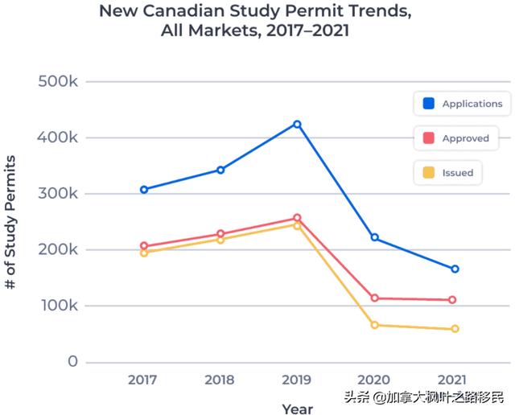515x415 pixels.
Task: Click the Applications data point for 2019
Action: click(x=297, y=125)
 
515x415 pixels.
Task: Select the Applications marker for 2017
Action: click(x=144, y=190)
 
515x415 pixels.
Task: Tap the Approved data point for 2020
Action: click(x=374, y=298)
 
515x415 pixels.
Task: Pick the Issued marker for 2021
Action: click(x=455, y=329)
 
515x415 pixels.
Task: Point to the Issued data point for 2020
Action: click(x=374, y=325)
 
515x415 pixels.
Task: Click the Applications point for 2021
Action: click(x=455, y=269)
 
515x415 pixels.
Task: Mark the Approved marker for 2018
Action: click(x=220, y=234)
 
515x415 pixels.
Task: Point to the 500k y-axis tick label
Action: click(x=58, y=82)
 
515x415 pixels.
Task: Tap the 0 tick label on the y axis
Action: click(x=72, y=362)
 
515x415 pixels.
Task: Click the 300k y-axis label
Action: click(x=58, y=194)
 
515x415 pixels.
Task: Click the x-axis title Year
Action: click(x=297, y=409)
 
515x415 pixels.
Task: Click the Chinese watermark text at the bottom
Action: click(x=424, y=397)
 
